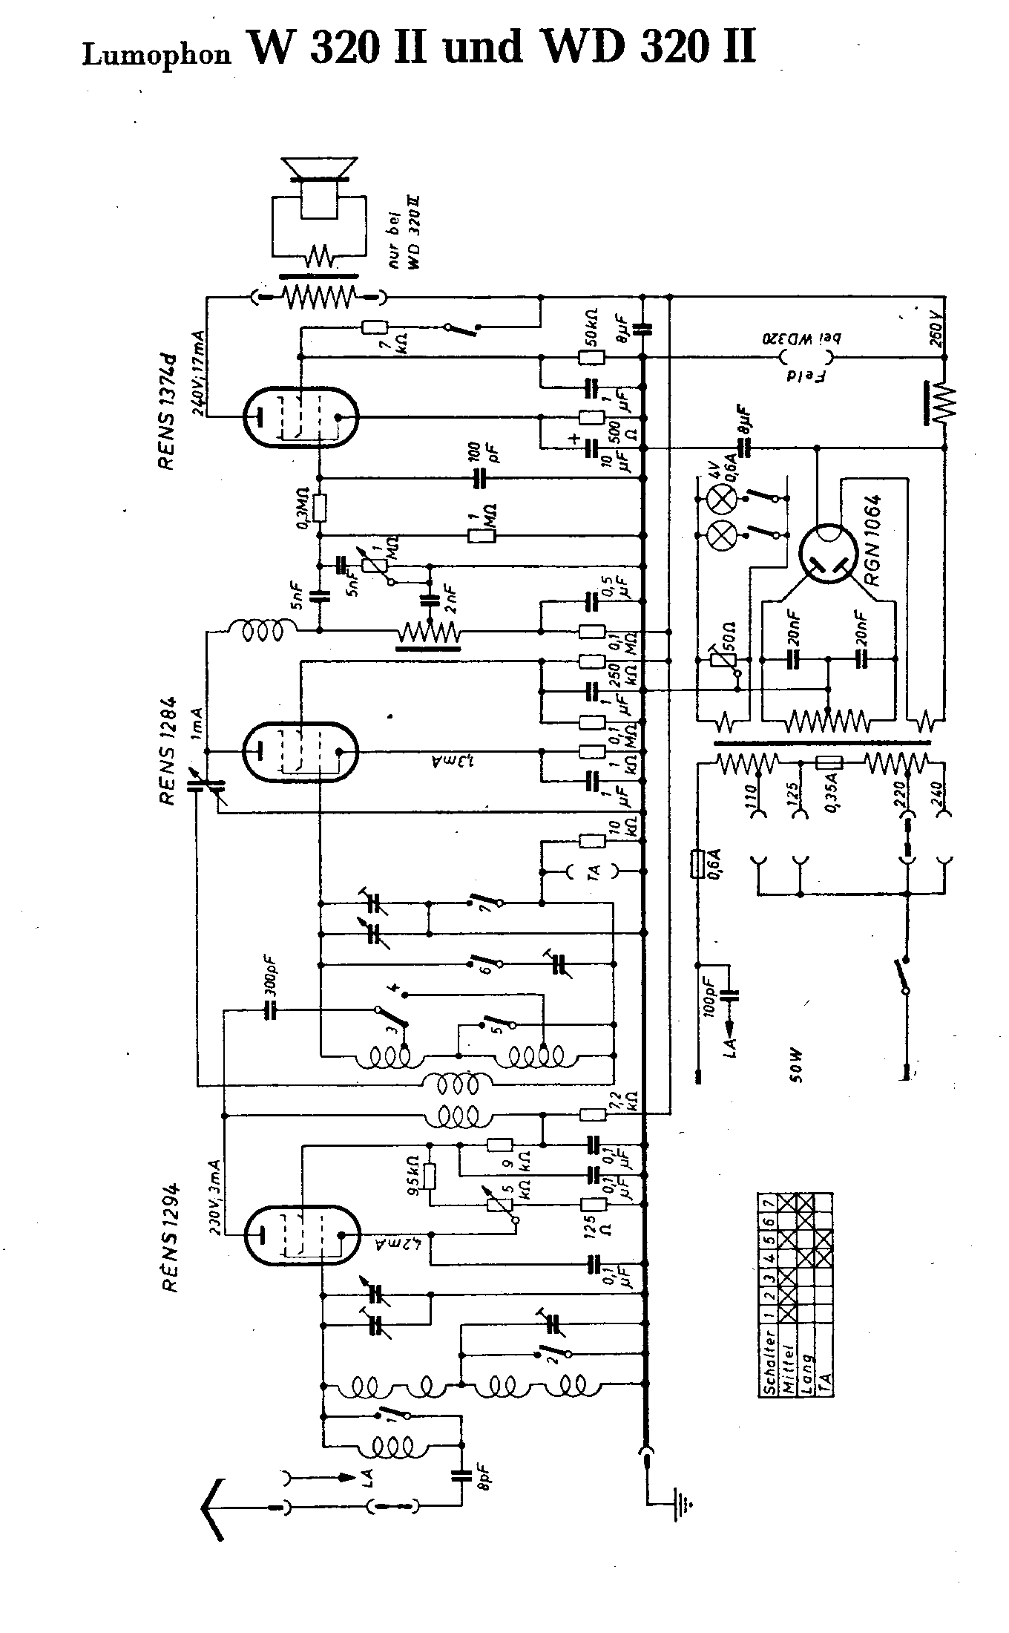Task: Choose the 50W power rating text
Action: pos(798,1066)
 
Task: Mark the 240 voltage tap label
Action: pos(936,798)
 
